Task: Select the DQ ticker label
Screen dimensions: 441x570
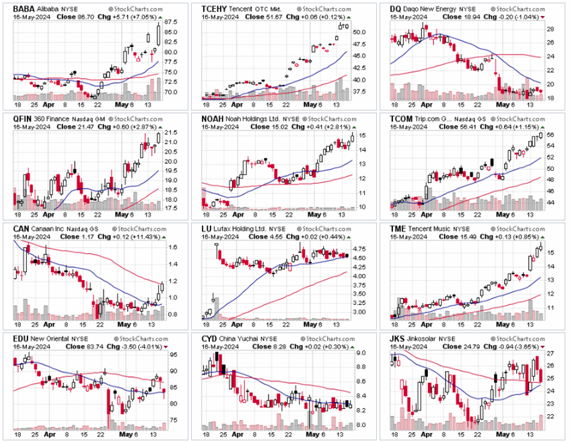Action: tap(397, 8)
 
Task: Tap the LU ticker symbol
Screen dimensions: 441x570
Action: tap(209, 228)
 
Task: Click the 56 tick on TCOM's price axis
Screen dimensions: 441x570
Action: tap(549, 135)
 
